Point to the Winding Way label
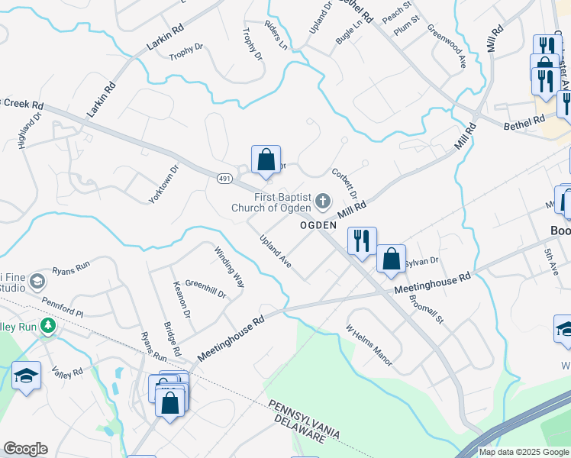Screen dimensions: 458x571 pos(229,267)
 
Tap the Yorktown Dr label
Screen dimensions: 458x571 pos(163,184)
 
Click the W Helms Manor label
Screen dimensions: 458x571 pos(369,346)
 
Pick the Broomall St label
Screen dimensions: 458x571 pos(426,308)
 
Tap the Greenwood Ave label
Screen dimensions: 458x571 pos(447,47)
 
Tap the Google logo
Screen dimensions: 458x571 pos(25,449)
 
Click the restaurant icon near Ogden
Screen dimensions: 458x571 pos(361,240)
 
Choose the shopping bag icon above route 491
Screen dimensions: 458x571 pos(266,160)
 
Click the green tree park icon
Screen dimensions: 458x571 pos(48,327)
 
